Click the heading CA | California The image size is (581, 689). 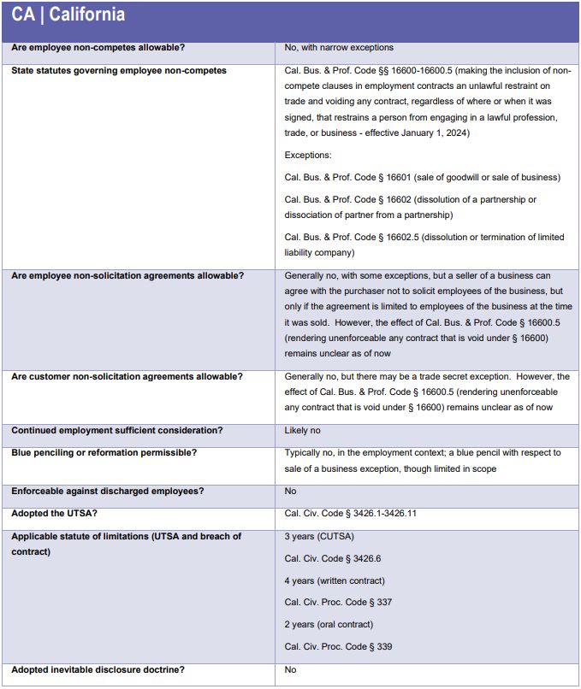click(x=68, y=15)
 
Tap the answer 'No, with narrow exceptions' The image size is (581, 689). click(x=339, y=48)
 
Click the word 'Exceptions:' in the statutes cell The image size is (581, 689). click(x=308, y=156)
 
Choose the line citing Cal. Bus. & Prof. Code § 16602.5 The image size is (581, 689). click(x=351, y=237)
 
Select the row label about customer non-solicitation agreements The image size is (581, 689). click(x=127, y=377)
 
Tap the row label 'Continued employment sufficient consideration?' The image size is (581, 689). click(x=112, y=430)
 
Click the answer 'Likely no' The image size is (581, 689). click(x=303, y=430)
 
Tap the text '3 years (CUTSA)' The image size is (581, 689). click(x=319, y=536)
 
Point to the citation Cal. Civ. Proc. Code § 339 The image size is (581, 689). click(x=338, y=646)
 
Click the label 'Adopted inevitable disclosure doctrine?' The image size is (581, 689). click(x=98, y=669)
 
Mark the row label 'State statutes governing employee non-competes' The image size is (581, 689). click(x=119, y=70)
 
